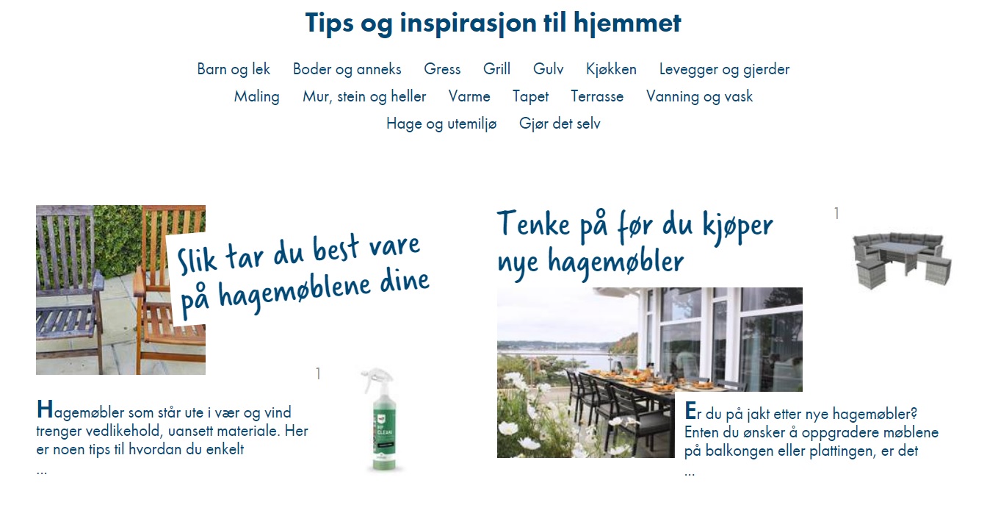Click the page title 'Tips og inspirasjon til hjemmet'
tap(493, 23)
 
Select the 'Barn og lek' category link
tap(234, 69)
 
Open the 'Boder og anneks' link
tap(347, 69)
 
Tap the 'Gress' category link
tap(442, 69)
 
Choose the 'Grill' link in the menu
tap(496, 69)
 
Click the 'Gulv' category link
tap(548, 69)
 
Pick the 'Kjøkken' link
tap(611, 69)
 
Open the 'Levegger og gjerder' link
tap(724, 69)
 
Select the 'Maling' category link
tap(257, 96)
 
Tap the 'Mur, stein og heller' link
tap(364, 96)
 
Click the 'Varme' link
tap(469, 96)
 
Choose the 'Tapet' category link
tap(530, 96)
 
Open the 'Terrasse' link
tap(597, 96)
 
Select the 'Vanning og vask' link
tap(699, 96)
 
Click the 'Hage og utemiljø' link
tap(441, 123)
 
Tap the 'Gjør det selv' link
tap(560, 123)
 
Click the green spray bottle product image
tap(380, 421)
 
